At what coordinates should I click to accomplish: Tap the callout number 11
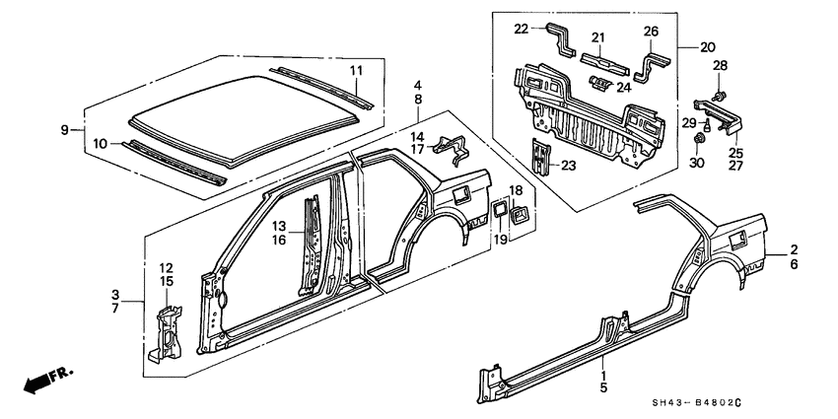(357, 70)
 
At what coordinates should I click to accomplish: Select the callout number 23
(568, 166)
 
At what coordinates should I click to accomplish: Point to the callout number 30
(696, 164)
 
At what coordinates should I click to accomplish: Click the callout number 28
(720, 66)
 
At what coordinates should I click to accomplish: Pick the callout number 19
(500, 240)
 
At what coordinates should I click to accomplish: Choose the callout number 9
(65, 129)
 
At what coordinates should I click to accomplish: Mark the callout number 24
(624, 87)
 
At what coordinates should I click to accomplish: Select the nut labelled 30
(697, 139)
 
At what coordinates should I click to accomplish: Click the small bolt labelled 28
(720, 97)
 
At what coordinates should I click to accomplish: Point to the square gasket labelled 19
(499, 209)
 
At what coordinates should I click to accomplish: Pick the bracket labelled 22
(560, 39)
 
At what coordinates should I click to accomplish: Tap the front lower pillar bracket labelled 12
(166, 334)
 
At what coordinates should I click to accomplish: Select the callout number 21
(597, 37)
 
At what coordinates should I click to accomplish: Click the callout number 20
(707, 47)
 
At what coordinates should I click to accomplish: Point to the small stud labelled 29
(707, 126)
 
